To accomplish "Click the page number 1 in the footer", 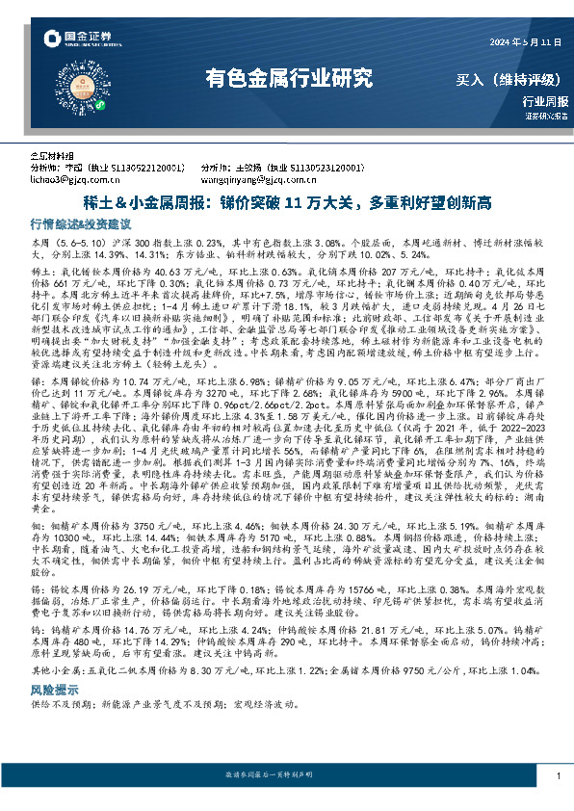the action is click(x=559, y=775).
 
